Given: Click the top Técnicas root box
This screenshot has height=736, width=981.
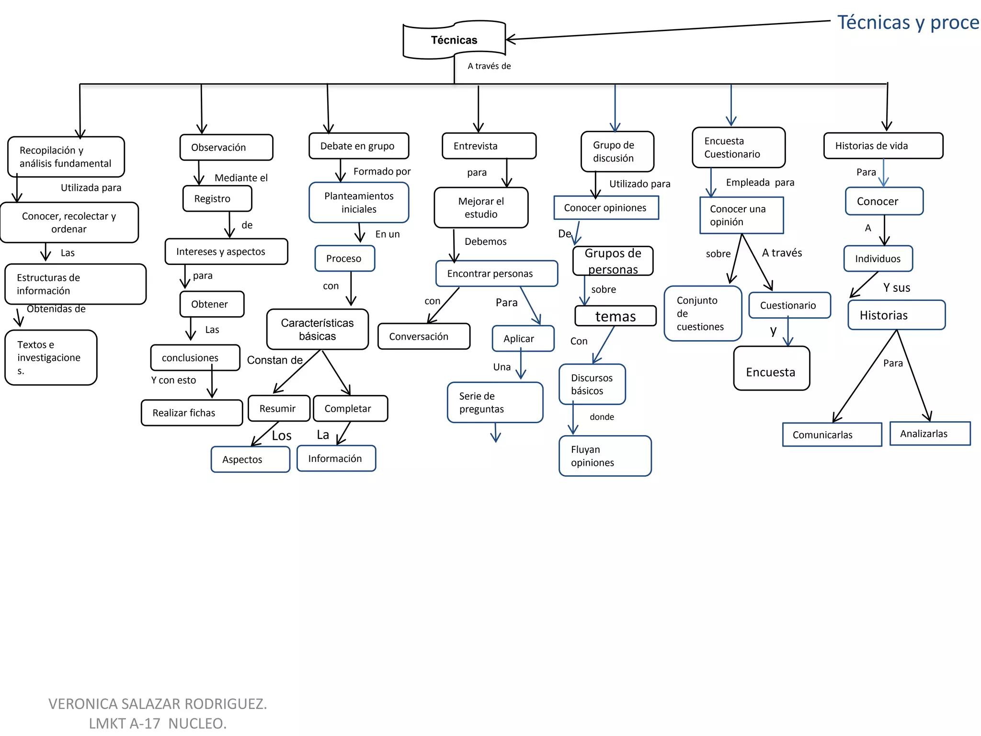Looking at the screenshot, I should pos(454,40).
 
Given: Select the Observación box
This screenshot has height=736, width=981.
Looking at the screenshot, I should pos(226,148).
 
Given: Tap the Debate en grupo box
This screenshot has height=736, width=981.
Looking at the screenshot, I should pos(358,146).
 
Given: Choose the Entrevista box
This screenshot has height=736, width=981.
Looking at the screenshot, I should pos(489,146).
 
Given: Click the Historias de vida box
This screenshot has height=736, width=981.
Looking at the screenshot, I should pos(883,146).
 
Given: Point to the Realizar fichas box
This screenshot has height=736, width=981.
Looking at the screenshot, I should pos(192,413).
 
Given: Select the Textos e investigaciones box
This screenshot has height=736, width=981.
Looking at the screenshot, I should pos(51,357).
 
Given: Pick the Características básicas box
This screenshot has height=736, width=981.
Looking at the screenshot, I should pos(317,330).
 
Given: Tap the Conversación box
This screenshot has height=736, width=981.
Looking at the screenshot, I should pos(423,336).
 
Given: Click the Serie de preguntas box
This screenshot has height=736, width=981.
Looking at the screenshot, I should pos(495,402).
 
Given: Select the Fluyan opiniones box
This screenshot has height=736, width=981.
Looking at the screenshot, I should pos(605,456).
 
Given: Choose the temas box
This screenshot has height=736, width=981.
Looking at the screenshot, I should pos(615,316).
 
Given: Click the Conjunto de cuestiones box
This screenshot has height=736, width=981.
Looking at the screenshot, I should pos(702,313).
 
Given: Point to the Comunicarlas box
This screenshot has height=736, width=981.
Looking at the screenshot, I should pos(832,435).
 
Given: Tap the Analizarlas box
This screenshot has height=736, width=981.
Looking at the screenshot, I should pos(929,434).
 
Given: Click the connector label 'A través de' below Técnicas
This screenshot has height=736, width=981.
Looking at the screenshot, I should pos(489,66).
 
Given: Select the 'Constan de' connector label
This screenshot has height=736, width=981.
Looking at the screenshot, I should pos(274,360).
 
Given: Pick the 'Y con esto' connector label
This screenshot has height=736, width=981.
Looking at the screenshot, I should pos(173,380).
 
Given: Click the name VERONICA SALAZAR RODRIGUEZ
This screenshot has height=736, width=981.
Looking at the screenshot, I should pos(158,703).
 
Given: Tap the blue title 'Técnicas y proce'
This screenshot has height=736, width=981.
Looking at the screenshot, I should pos(907,23).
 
